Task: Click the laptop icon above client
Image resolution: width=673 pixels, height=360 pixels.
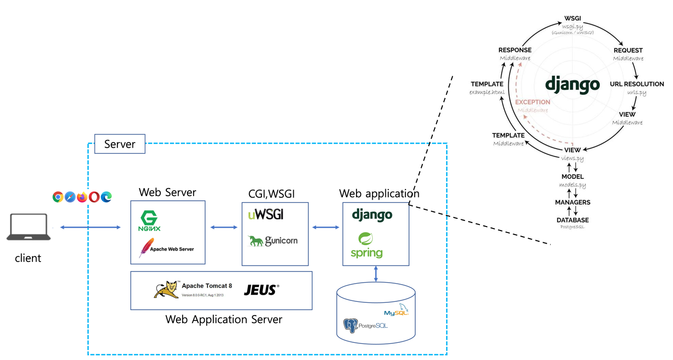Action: pyautogui.click(x=28, y=227)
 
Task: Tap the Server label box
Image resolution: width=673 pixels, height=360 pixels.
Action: pyautogui.click(x=120, y=144)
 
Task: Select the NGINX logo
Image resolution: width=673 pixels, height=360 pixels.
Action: pyautogui.click(x=149, y=221)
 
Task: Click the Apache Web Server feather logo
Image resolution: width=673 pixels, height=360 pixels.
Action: pyautogui.click(x=147, y=248)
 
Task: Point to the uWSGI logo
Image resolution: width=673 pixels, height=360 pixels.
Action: pyautogui.click(x=265, y=214)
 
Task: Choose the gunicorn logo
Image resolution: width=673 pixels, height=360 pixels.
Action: pyautogui.click(x=273, y=241)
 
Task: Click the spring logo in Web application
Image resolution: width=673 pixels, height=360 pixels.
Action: pyautogui.click(x=367, y=245)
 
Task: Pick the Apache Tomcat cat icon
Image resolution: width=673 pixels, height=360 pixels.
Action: pyautogui.click(x=166, y=290)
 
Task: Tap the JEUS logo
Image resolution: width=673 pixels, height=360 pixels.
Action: pyautogui.click(x=261, y=290)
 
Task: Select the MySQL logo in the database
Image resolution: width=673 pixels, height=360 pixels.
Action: pyautogui.click(x=396, y=310)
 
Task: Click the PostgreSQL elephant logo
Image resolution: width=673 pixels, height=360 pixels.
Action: pyautogui.click(x=351, y=326)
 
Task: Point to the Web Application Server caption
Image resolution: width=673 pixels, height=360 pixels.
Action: pyautogui.click(x=223, y=320)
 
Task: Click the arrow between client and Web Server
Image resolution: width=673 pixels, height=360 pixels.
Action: pyautogui.click(x=91, y=228)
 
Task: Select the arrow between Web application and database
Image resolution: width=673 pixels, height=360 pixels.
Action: pyautogui.click(x=376, y=274)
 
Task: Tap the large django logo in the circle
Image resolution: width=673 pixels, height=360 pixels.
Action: pyautogui.click(x=572, y=85)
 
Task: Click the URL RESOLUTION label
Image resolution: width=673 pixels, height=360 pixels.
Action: pyautogui.click(x=637, y=84)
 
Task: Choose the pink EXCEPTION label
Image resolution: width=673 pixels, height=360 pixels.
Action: pyautogui.click(x=532, y=102)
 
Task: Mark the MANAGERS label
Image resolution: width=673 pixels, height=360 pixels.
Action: pyautogui.click(x=572, y=202)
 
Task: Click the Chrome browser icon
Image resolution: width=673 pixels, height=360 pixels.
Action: pyautogui.click(x=58, y=197)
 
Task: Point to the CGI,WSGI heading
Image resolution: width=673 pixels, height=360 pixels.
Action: pyautogui.click(x=271, y=194)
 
